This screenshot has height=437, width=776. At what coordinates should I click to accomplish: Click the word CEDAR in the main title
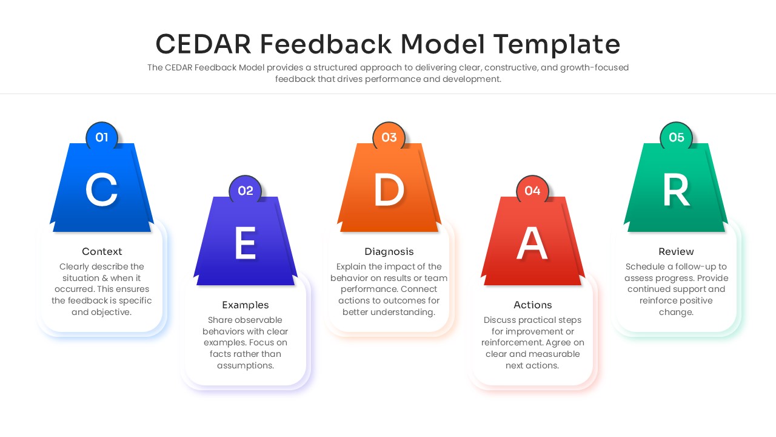(x=203, y=44)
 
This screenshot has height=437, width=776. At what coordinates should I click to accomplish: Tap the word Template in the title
(x=557, y=45)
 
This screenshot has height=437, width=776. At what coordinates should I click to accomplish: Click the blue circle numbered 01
(x=102, y=137)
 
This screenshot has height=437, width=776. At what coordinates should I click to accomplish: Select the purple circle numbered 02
(x=246, y=191)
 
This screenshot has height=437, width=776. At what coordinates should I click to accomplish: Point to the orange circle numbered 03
(x=389, y=137)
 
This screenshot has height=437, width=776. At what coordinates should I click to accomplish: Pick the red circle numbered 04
(x=532, y=191)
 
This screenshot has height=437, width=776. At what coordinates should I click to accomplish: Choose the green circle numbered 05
(x=676, y=137)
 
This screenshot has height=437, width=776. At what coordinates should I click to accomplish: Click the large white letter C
(x=101, y=190)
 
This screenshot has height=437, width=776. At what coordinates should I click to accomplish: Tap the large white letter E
(x=246, y=243)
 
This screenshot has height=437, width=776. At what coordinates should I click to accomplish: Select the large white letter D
(x=389, y=189)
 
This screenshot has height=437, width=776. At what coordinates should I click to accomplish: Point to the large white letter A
(x=532, y=243)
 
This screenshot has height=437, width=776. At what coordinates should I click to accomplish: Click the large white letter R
(x=676, y=189)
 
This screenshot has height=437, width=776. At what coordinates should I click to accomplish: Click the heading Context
(x=102, y=251)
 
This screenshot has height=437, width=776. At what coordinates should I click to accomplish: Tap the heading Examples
(x=246, y=305)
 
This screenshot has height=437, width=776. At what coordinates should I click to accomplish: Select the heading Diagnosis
(x=389, y=251)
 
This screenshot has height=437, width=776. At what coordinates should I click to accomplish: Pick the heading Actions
(x=532, y=305)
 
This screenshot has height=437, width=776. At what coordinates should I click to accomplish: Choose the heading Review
(x=676, y=251)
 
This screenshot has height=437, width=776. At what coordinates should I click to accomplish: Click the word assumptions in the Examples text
(x=246, y=365)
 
